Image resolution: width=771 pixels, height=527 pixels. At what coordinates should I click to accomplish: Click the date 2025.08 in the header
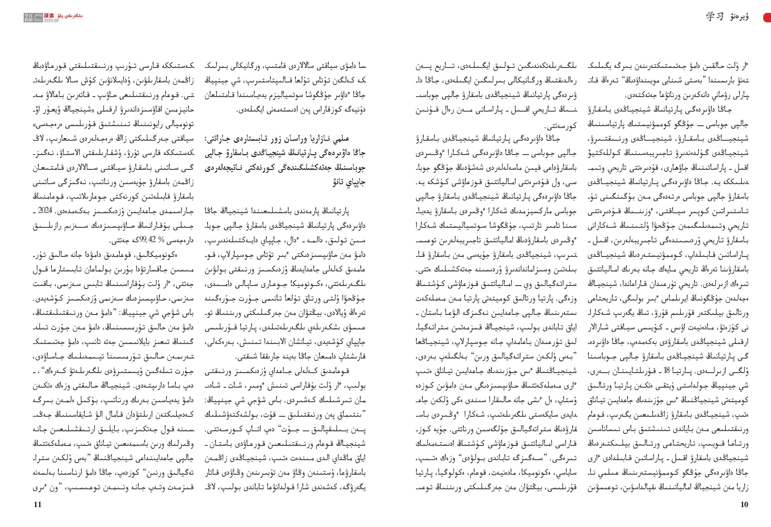click(51, 21)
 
